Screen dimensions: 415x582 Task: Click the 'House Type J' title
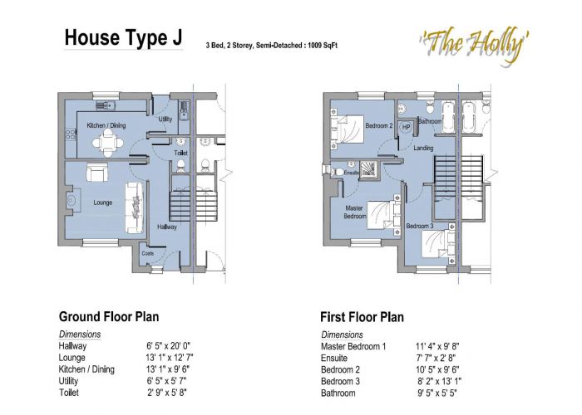(124, 38)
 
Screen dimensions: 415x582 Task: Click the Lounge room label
(103, 203)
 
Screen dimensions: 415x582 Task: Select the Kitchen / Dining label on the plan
(107, 126)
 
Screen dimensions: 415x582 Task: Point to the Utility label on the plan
(165, 120)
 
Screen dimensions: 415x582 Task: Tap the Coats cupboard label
(148, 253)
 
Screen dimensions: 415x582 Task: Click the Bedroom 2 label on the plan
(379, 126)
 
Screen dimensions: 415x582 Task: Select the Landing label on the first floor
(422, 148)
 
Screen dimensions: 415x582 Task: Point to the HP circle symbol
(407, 126)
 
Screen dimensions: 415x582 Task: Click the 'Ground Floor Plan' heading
(108, 316)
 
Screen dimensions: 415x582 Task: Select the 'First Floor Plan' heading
(362, 316)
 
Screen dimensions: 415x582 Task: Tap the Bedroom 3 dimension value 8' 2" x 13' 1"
(437, 381)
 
